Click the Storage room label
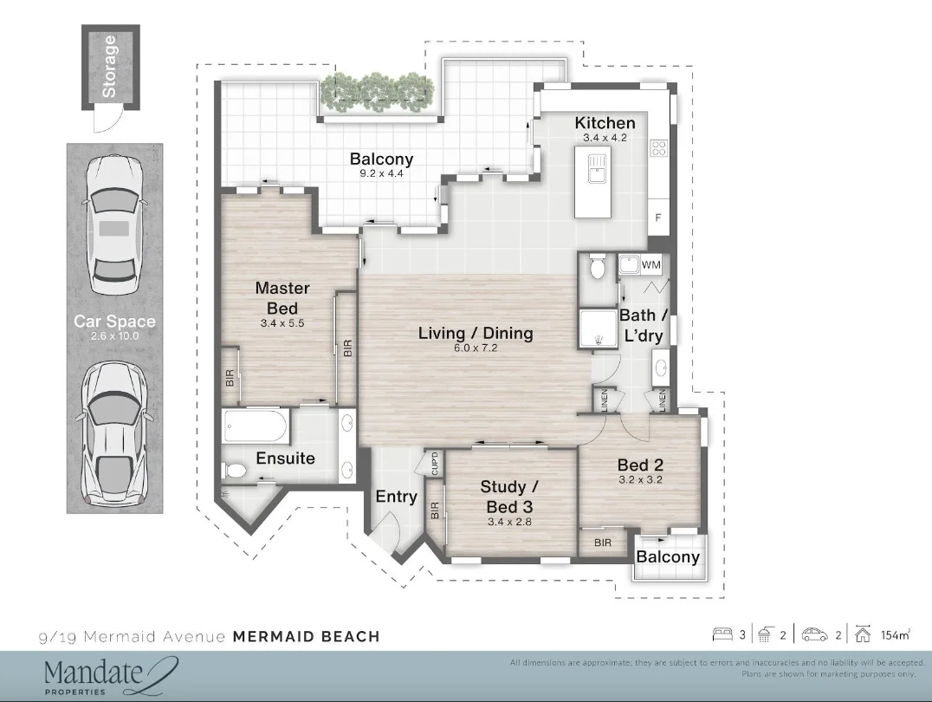tap(110, 66)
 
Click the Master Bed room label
tap(282, 298)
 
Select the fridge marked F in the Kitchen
tap(658, 218)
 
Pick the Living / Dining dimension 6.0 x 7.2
tap(476, 348)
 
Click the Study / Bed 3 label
tap(509, 496)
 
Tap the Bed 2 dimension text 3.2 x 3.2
tap(640, 479)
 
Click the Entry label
tap(396, 497)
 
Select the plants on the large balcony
tap(377, 89)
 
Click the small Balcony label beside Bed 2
tap(667, 557)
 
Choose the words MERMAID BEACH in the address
tap(306, 637)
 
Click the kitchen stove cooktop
tap(659, 147)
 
